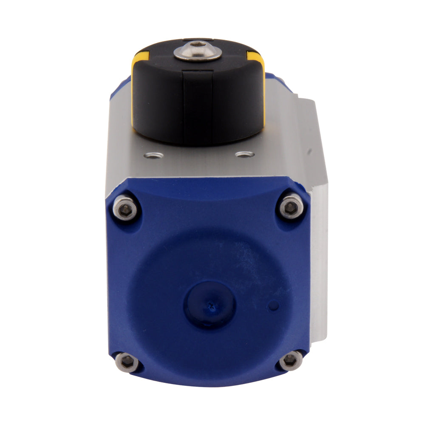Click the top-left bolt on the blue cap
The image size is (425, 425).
click(125, 208)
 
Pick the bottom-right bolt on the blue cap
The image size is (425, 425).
click(291, 360)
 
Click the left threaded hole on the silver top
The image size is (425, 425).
click(153, 156)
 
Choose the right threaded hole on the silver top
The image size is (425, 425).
click(245, 154)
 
